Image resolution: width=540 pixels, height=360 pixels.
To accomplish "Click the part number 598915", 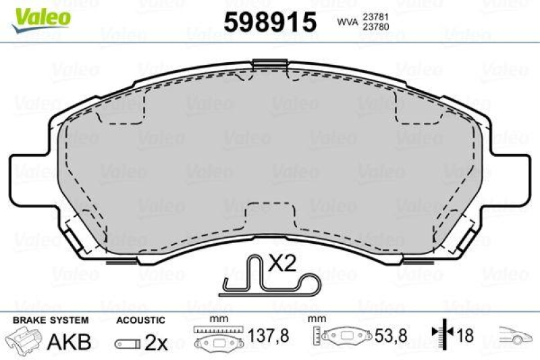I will pyautogui.click(x=270, y=22).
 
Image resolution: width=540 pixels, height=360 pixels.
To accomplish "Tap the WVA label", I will pyautogui.click(x=348, y=22).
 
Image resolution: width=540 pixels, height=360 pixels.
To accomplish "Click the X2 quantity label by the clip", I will pyautogui.click(x=282, y=263).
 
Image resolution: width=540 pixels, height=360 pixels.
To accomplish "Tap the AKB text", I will pyautogui.click(x=68, y=342).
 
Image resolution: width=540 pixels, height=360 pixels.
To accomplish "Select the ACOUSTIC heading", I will pyautogui.click(x=140, y=319).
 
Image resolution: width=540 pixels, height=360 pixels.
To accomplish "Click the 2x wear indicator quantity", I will pyautogui.click(x=156, y=342).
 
